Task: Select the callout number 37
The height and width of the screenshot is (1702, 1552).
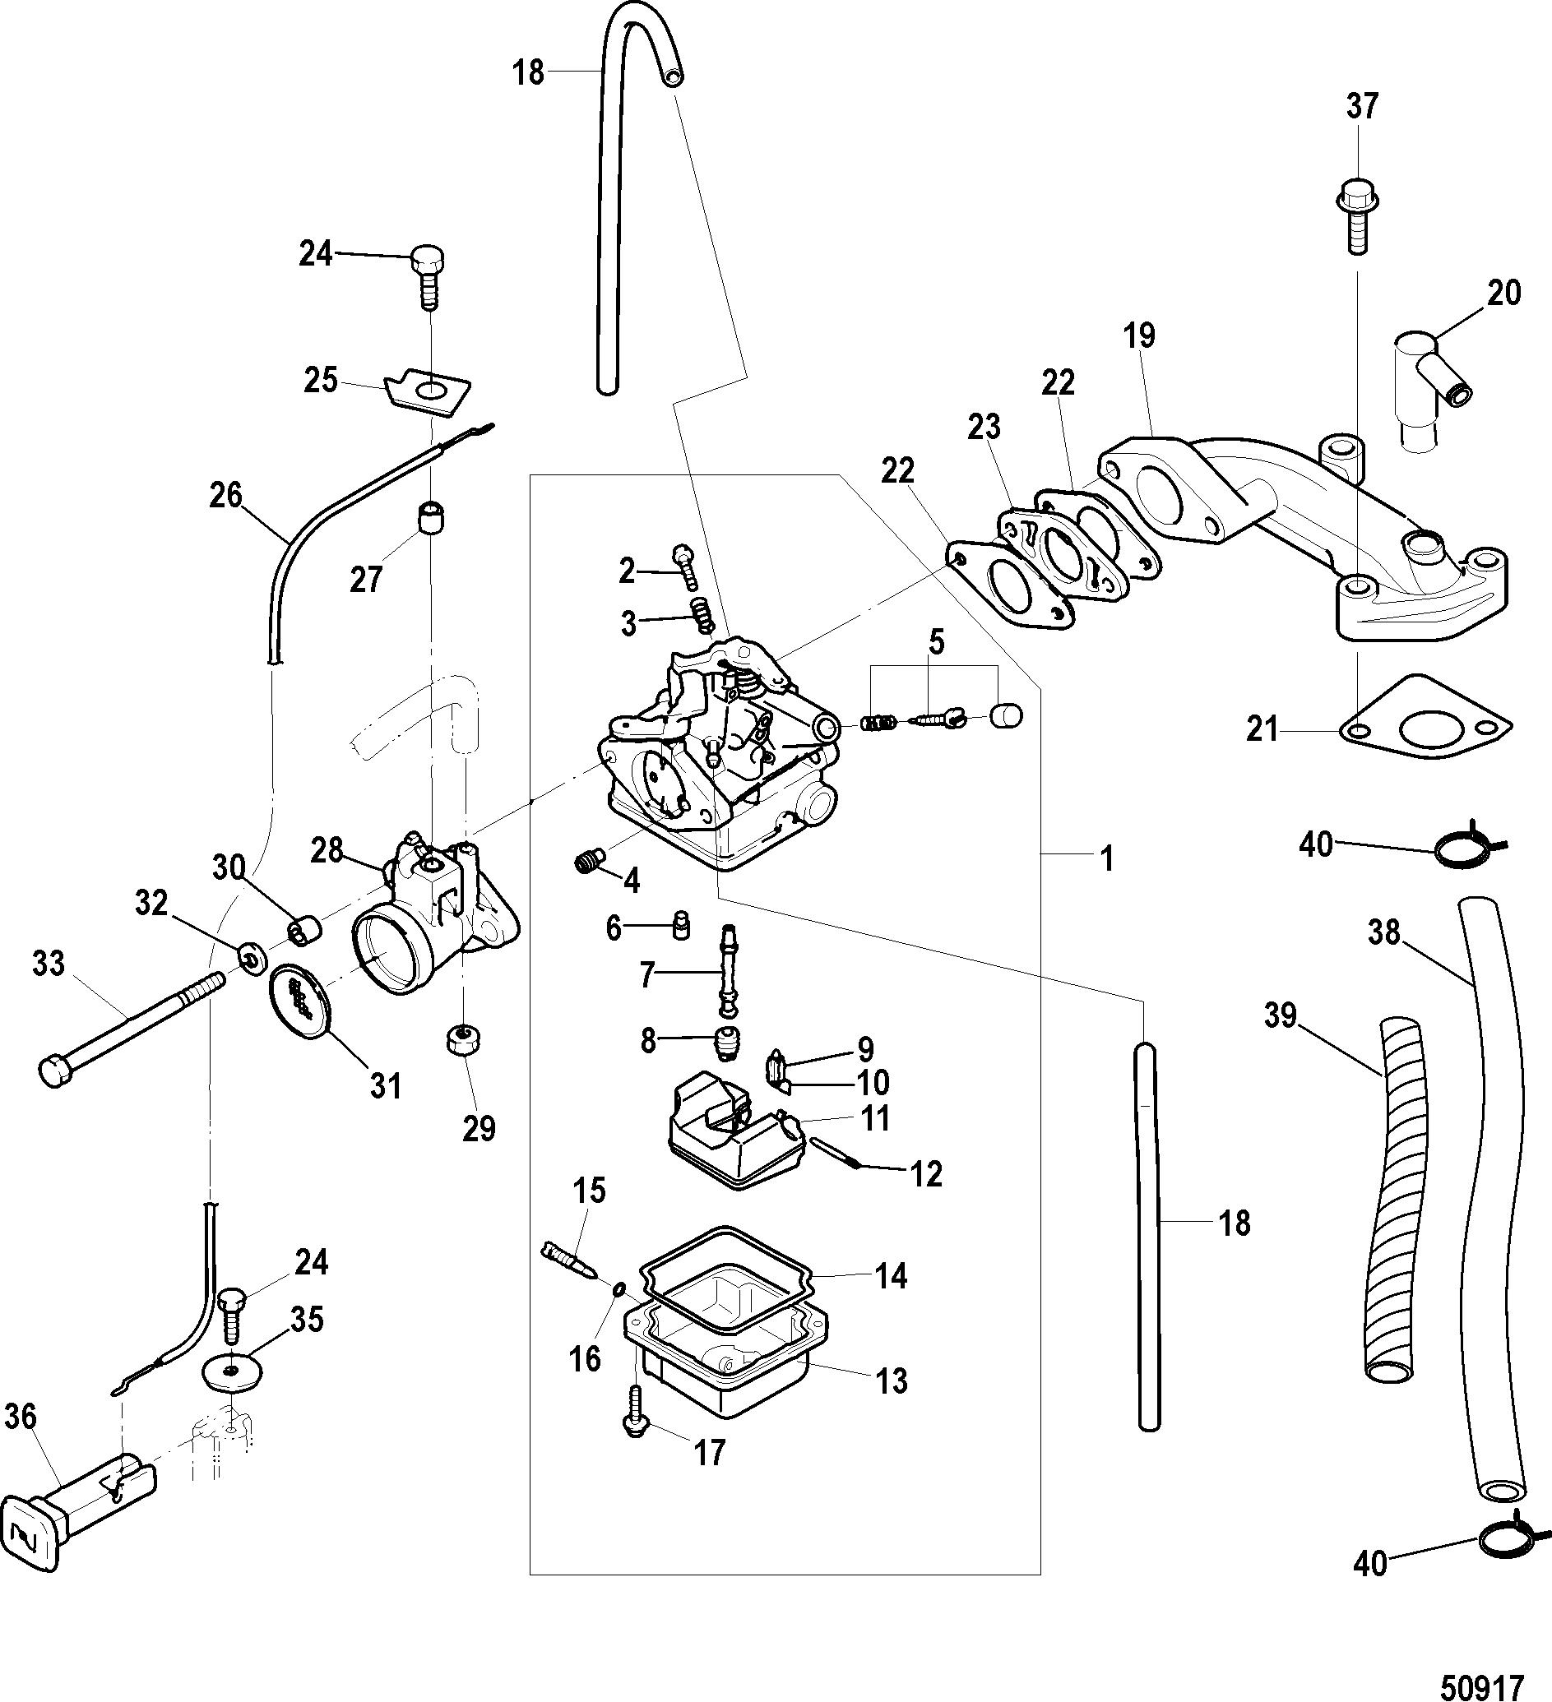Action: pyautogui.click(x=1361, y=106)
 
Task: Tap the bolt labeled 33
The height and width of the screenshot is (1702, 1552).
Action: pyautogui.click(x=132, y=1024)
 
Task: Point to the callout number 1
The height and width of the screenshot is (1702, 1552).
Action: pyautogui.click(x=1106, y=860)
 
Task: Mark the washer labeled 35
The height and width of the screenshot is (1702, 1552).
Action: pyautogui.click(x=230, y=1374)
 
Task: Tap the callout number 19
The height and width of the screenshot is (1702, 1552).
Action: pyautogui.click(x=1139, y=335)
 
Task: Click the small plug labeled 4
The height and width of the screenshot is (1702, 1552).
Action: pyautogui.click(x=590, y=861)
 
